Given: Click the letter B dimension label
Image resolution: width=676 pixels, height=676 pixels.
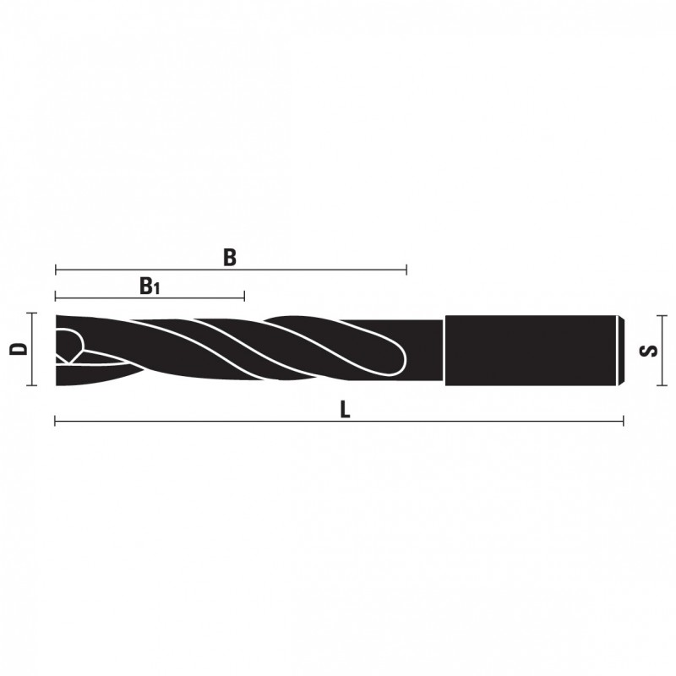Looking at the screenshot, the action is click(230, 258).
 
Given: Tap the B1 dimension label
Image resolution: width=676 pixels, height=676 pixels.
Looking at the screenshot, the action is click(150, 286).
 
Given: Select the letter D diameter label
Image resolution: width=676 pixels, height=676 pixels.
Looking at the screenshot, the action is click(19, 349).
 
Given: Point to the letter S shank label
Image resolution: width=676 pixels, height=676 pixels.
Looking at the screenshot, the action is click(649, 351).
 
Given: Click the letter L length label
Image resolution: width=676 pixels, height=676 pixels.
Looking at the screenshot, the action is click(345, 410).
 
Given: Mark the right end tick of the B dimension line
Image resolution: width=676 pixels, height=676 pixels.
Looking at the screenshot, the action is click(406, 270).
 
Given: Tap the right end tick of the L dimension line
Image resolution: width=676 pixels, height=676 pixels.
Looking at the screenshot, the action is click(623, 421).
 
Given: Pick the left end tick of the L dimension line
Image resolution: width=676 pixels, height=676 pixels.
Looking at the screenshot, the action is click(55, 421).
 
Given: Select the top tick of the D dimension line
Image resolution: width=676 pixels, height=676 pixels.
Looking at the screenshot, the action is click(32, 313).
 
